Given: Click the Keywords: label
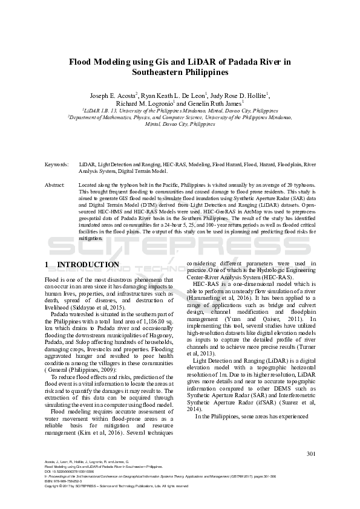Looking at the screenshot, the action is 56,164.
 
